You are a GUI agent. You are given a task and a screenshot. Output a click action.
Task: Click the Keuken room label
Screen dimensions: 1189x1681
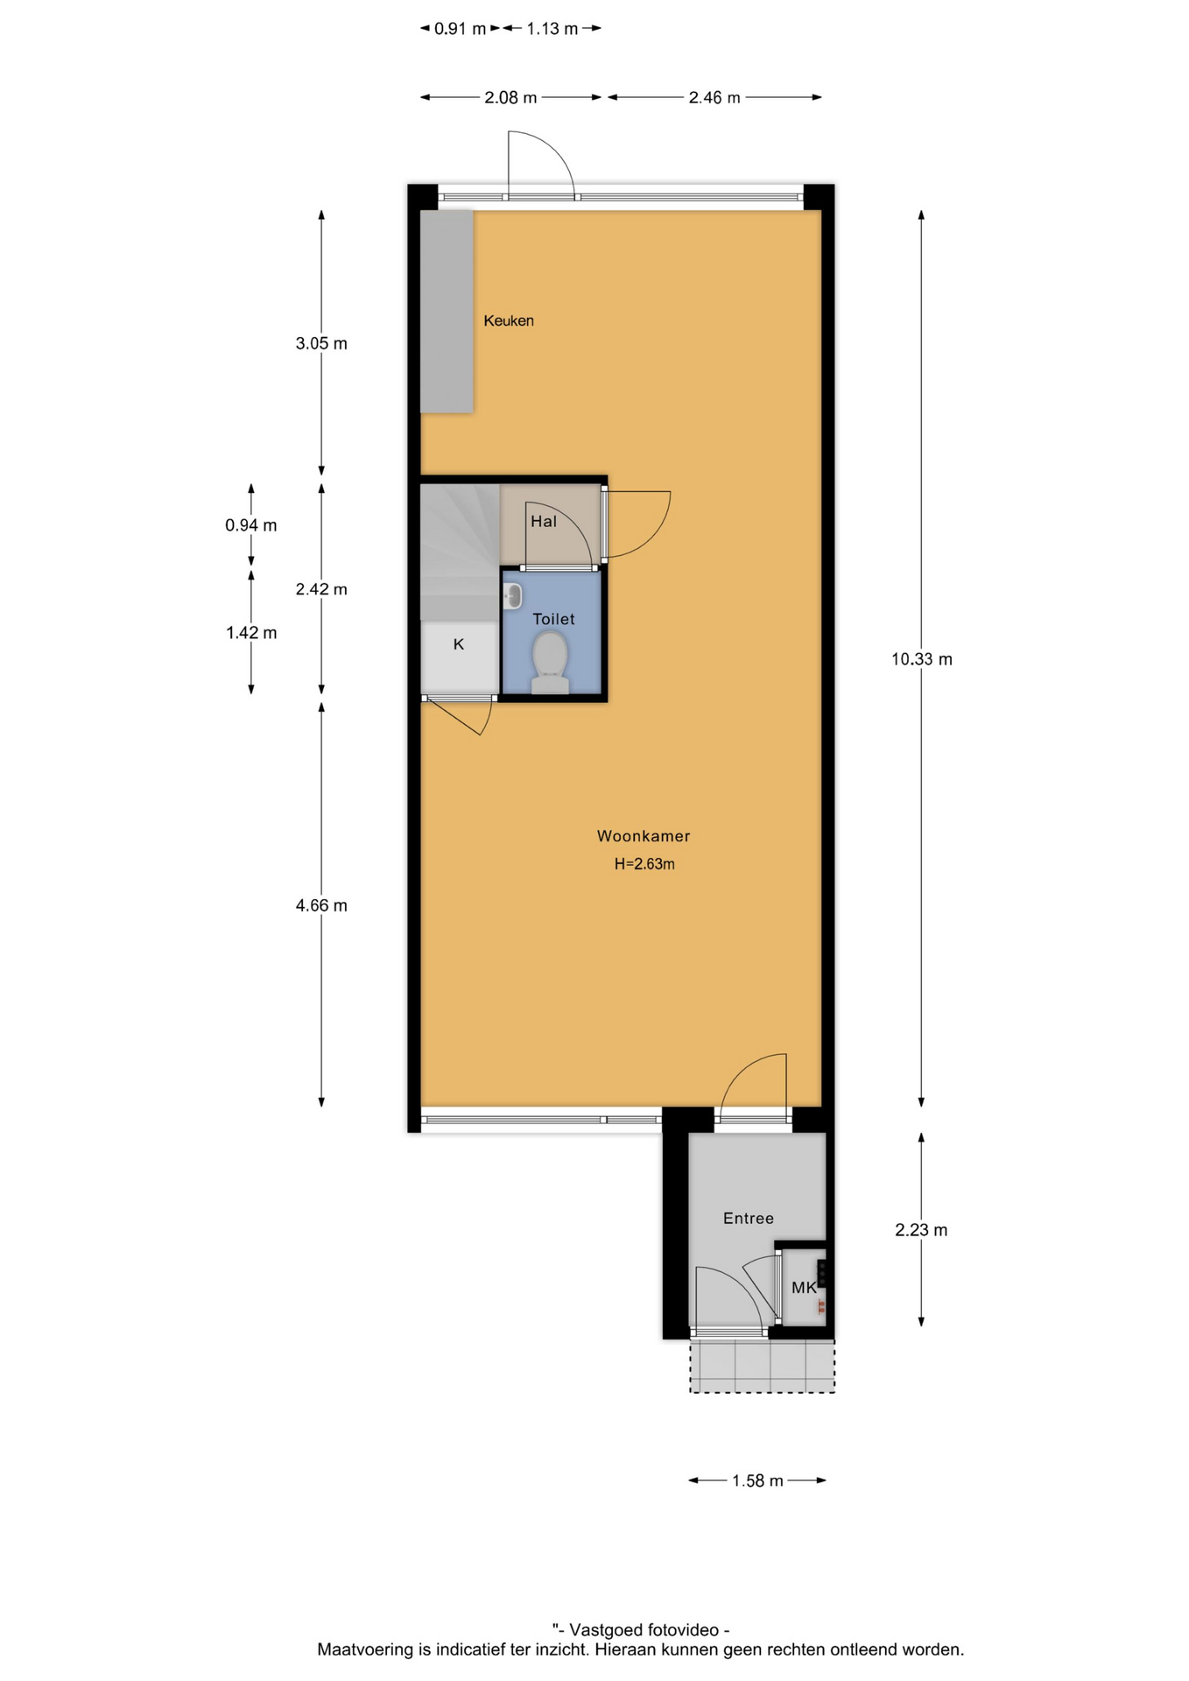tap(509, 320)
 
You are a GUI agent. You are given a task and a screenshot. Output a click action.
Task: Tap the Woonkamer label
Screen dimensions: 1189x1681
tap(644, 836)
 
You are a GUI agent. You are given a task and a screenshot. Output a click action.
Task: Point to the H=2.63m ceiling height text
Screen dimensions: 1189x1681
tap(644, 864)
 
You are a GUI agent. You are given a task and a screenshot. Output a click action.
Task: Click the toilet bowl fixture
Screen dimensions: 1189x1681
tap(550, 663)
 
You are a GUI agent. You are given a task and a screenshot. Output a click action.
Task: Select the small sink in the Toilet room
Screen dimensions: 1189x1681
tap(513, 596)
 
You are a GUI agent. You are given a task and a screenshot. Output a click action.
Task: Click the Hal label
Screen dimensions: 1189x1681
tap(544, 522)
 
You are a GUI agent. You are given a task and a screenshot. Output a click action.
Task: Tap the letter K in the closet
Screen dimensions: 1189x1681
tap(459, 644)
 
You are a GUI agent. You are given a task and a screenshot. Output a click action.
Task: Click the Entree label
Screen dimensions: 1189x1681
tap(749, 1218)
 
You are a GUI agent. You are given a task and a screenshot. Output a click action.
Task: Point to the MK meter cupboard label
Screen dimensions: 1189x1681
tap(804, 1287)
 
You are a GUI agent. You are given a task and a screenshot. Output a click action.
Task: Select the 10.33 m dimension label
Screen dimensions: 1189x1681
tap(922, 659)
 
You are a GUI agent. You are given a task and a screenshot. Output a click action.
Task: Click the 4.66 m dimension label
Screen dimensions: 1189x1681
tap(321, 905)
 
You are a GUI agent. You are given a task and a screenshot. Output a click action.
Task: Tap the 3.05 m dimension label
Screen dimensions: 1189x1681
tap(321, 343)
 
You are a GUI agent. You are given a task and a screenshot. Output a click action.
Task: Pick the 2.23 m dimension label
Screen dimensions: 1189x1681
tap(921, 1230)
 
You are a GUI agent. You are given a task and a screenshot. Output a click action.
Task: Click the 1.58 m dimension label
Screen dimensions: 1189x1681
tap(758, 1481)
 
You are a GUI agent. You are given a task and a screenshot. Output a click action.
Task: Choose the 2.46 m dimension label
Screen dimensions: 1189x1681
tap(714, 97)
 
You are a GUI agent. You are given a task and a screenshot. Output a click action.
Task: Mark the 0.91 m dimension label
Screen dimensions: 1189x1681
tap(461, 29)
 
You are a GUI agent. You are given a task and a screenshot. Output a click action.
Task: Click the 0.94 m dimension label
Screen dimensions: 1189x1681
tap(251, 525)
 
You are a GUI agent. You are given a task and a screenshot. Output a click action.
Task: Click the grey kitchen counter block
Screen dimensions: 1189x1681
tap(447, 312)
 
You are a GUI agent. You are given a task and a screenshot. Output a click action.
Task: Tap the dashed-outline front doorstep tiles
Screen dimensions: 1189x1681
tap(762, 1366)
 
